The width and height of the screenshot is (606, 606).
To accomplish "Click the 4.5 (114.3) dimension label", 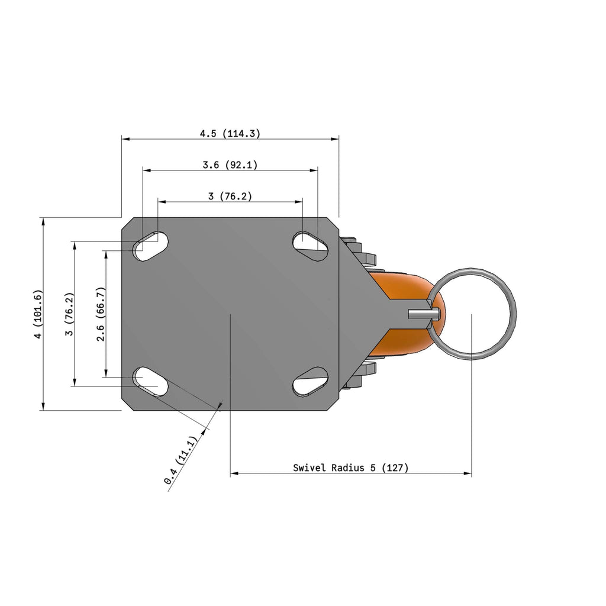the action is [x=230, y=134].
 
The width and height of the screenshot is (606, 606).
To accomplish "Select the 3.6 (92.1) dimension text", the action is [x=230, y=165].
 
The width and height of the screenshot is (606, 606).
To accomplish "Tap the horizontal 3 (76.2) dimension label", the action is [x=230, y=196].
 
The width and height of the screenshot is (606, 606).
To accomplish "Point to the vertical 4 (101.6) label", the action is [x=38, y=314].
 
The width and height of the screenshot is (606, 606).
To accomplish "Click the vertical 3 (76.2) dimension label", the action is [x=70, y=314].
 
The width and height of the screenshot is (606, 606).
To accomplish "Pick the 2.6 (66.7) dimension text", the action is [x=101, y=314].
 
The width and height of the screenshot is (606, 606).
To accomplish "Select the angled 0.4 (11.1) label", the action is [x=180, y=460].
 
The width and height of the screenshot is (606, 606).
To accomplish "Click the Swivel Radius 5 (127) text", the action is [x=350, y=468].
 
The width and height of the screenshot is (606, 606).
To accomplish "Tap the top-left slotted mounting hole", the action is [x=151, y=246].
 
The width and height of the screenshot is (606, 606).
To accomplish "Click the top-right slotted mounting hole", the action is [x=310, y=246].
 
